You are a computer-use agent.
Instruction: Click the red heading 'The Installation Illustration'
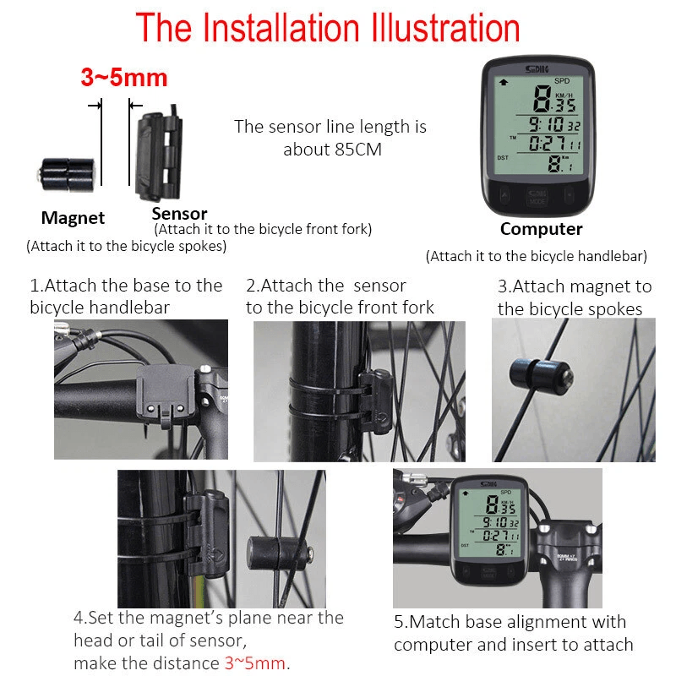(x=328, y=28)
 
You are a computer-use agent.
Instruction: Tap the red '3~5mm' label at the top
(x=124, y=79)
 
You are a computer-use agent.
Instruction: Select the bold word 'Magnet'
(x=73, y=218)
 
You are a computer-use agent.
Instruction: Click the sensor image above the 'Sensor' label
(x=158, y=150)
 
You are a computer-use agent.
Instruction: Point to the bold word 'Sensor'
(x=179, y=214)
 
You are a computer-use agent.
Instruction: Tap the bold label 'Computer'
(x=541, y=229)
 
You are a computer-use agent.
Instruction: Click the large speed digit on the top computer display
(x=542, y=101)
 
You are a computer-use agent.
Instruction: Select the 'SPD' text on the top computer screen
(x=561, y=81)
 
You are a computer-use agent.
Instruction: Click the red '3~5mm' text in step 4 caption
(x=254, y=662)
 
